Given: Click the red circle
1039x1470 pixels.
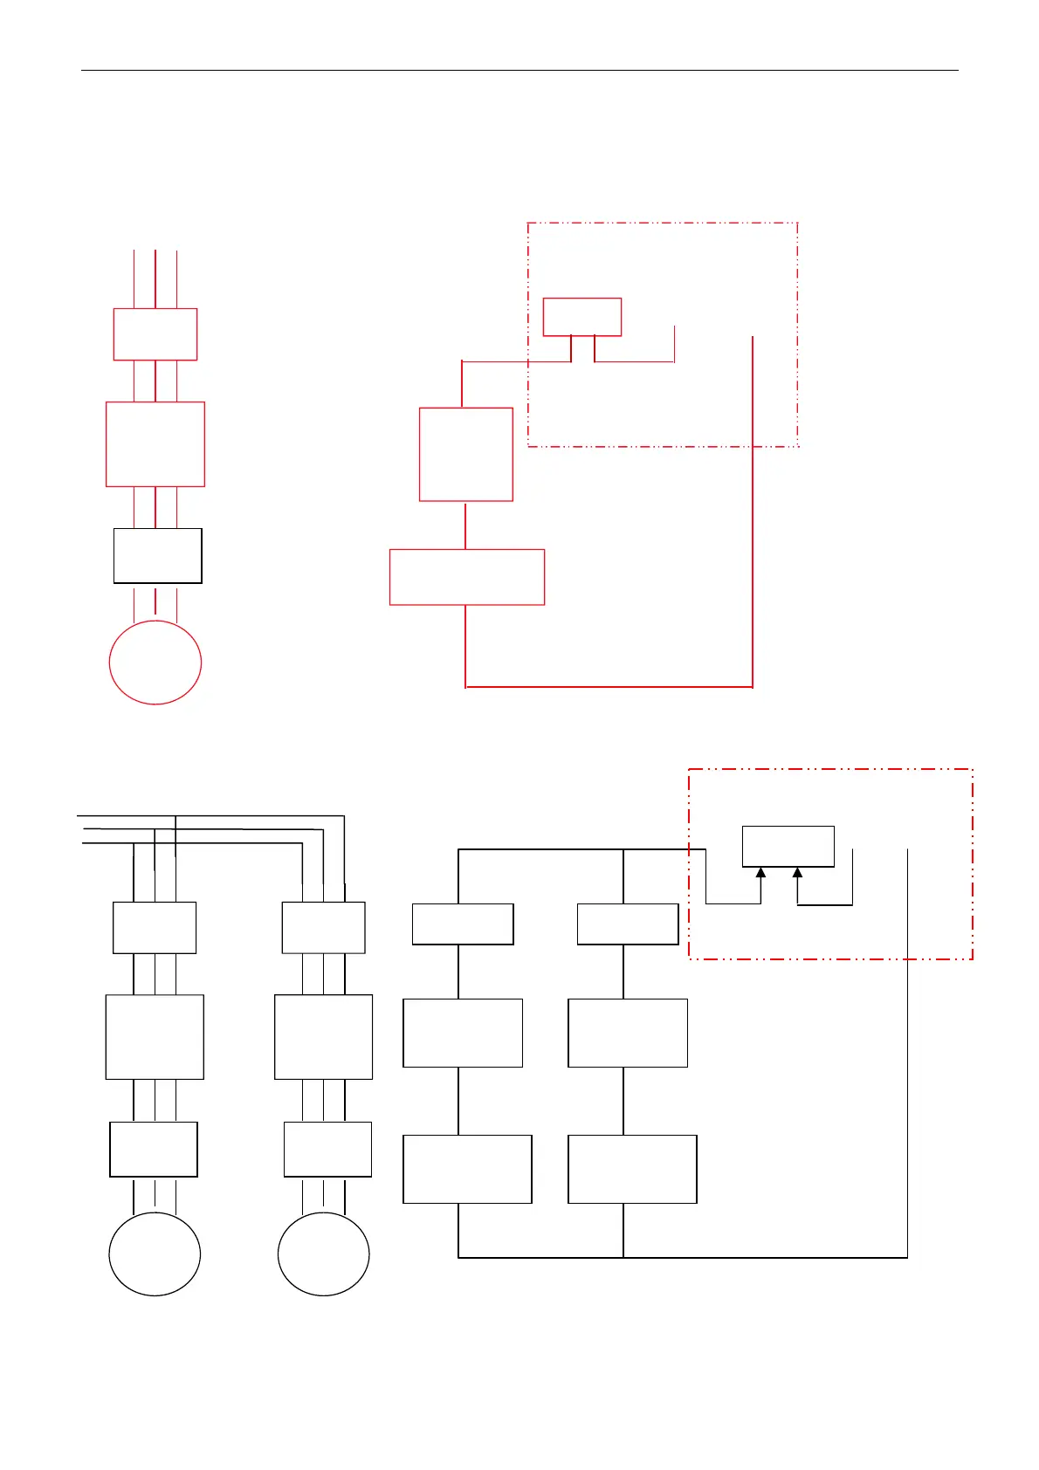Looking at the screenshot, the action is pyautogui.click(x=155, y=663).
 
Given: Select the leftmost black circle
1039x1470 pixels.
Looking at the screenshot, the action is pyautogui.click(x=155, y=1254).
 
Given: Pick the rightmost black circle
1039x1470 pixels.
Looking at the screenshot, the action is pyautogui.click(x=323, y=1254).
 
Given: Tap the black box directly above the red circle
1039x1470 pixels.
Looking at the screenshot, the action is pyautogui.click(x=158, y=555).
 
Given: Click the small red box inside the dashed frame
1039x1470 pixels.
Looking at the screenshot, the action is pyautogui.click(x=582, y=317).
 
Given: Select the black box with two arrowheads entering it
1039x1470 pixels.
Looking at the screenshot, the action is pyautogui.click(x=788, y=846).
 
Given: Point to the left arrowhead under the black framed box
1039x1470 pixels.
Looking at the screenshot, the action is pyautogui.click(x=760, y=872).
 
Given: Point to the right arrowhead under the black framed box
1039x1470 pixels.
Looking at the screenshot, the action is pyautogui.click(x=797, y=872).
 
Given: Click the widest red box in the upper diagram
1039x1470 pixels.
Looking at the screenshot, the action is pyautogui.click(x=467, y=577).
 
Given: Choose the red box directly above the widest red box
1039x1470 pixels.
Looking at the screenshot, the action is pyautogui.click(x=466, y=454).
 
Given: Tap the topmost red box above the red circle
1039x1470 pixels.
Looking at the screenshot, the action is pyautogui.click(x=155, y=333).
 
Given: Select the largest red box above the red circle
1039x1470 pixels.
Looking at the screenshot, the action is pyautogui.click(x=155, y=443).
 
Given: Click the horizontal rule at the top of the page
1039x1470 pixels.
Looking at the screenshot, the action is pyautogui.click(x=519, y=70).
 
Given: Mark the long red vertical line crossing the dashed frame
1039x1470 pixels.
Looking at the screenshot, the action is pyautogui.click(x=753, y=524).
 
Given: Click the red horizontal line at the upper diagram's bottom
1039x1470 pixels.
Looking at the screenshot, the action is pyautogui.click(x=609, y=687).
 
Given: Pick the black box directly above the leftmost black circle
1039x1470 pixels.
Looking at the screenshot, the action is pyautogui.click(x=154, y=1149).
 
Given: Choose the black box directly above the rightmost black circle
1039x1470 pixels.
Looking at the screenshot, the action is pyautogui.click(x=327, y=1149).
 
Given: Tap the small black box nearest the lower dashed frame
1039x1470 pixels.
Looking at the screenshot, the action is pyautogui.click(x=628, y=924).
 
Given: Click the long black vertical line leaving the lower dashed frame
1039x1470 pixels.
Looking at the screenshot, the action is pyautogui.click(x=908, y=1091).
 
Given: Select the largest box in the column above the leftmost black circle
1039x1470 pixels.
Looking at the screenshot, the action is pyautogui.click(x=155, y=1037).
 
